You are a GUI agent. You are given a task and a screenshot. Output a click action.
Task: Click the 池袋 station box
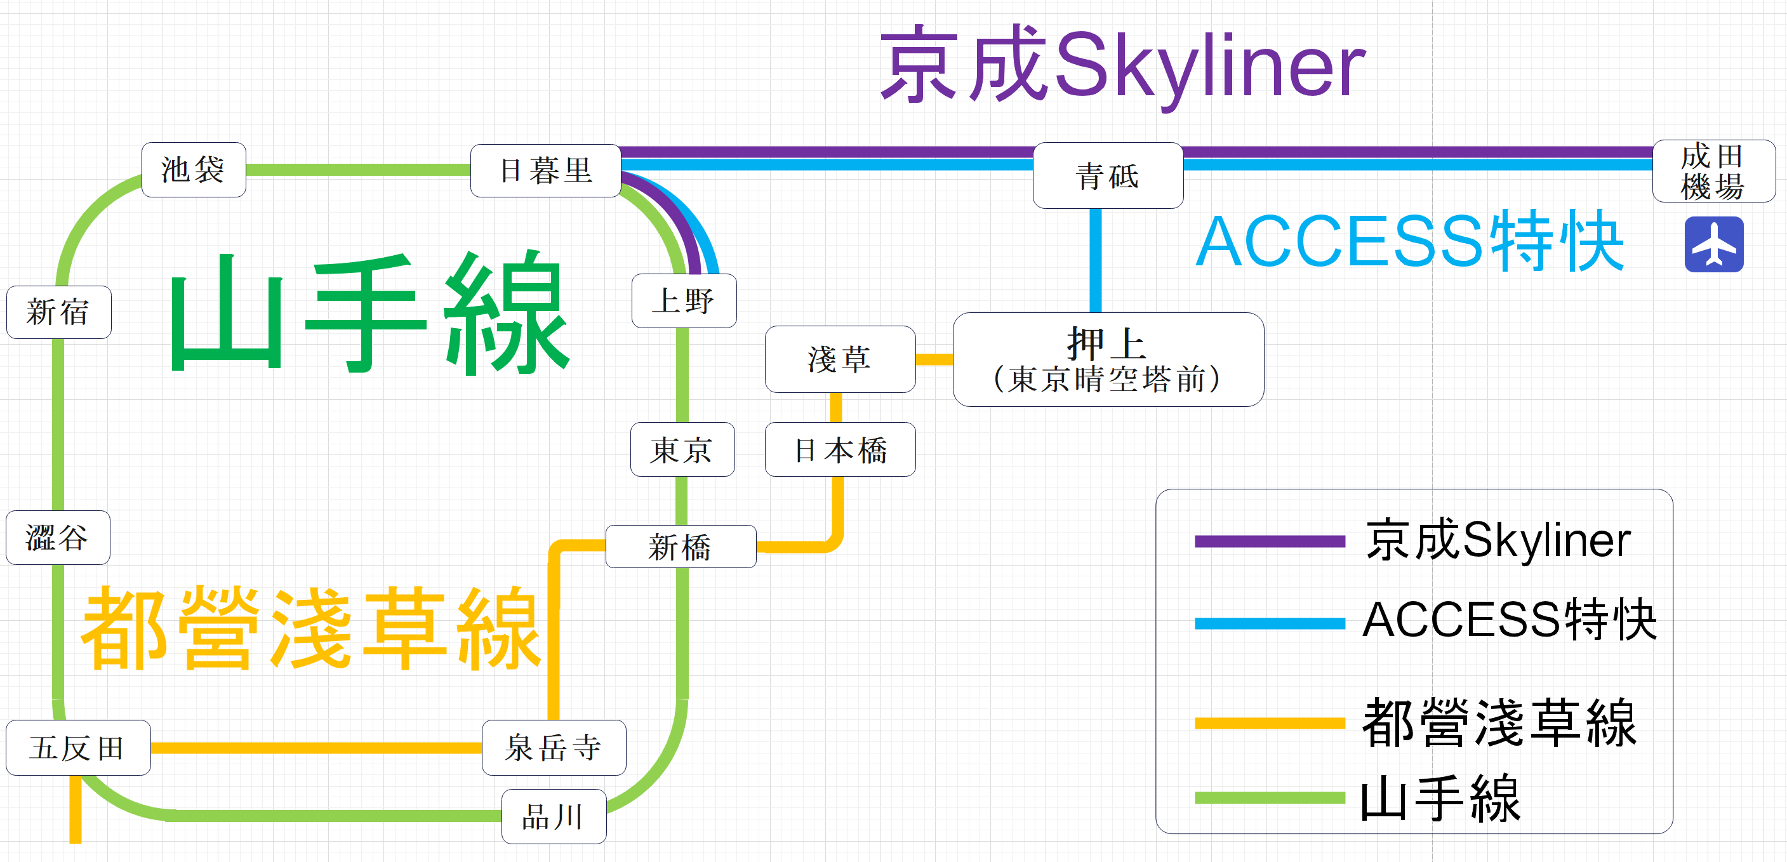194,170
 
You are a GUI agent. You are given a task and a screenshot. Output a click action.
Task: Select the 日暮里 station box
545,171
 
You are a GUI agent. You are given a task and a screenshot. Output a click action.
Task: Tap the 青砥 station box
1107,175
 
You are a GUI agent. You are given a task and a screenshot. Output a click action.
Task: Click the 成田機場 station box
1713,171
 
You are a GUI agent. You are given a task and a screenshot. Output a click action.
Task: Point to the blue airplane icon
1713,244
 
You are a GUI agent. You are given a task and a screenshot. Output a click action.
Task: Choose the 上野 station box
683,301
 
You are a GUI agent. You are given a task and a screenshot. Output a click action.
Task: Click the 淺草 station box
839,359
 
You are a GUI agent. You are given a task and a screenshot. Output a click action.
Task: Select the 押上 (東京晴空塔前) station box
1108,359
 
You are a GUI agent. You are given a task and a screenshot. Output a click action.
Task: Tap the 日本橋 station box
839,449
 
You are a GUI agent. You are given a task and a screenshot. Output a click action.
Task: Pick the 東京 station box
682,449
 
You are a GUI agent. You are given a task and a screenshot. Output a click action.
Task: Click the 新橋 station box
681,547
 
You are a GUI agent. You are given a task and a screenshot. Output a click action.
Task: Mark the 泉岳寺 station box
554,748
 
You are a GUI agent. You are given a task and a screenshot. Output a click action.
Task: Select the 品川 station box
554,816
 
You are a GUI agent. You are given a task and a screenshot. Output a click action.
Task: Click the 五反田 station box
77,748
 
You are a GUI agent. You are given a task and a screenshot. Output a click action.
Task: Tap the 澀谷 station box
58,538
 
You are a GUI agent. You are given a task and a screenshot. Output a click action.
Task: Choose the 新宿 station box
58,312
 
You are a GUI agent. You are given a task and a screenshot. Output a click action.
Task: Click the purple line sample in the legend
1269,541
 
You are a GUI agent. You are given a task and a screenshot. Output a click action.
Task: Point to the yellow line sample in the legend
1269,723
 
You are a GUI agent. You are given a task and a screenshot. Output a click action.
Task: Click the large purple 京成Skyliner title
1122,66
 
